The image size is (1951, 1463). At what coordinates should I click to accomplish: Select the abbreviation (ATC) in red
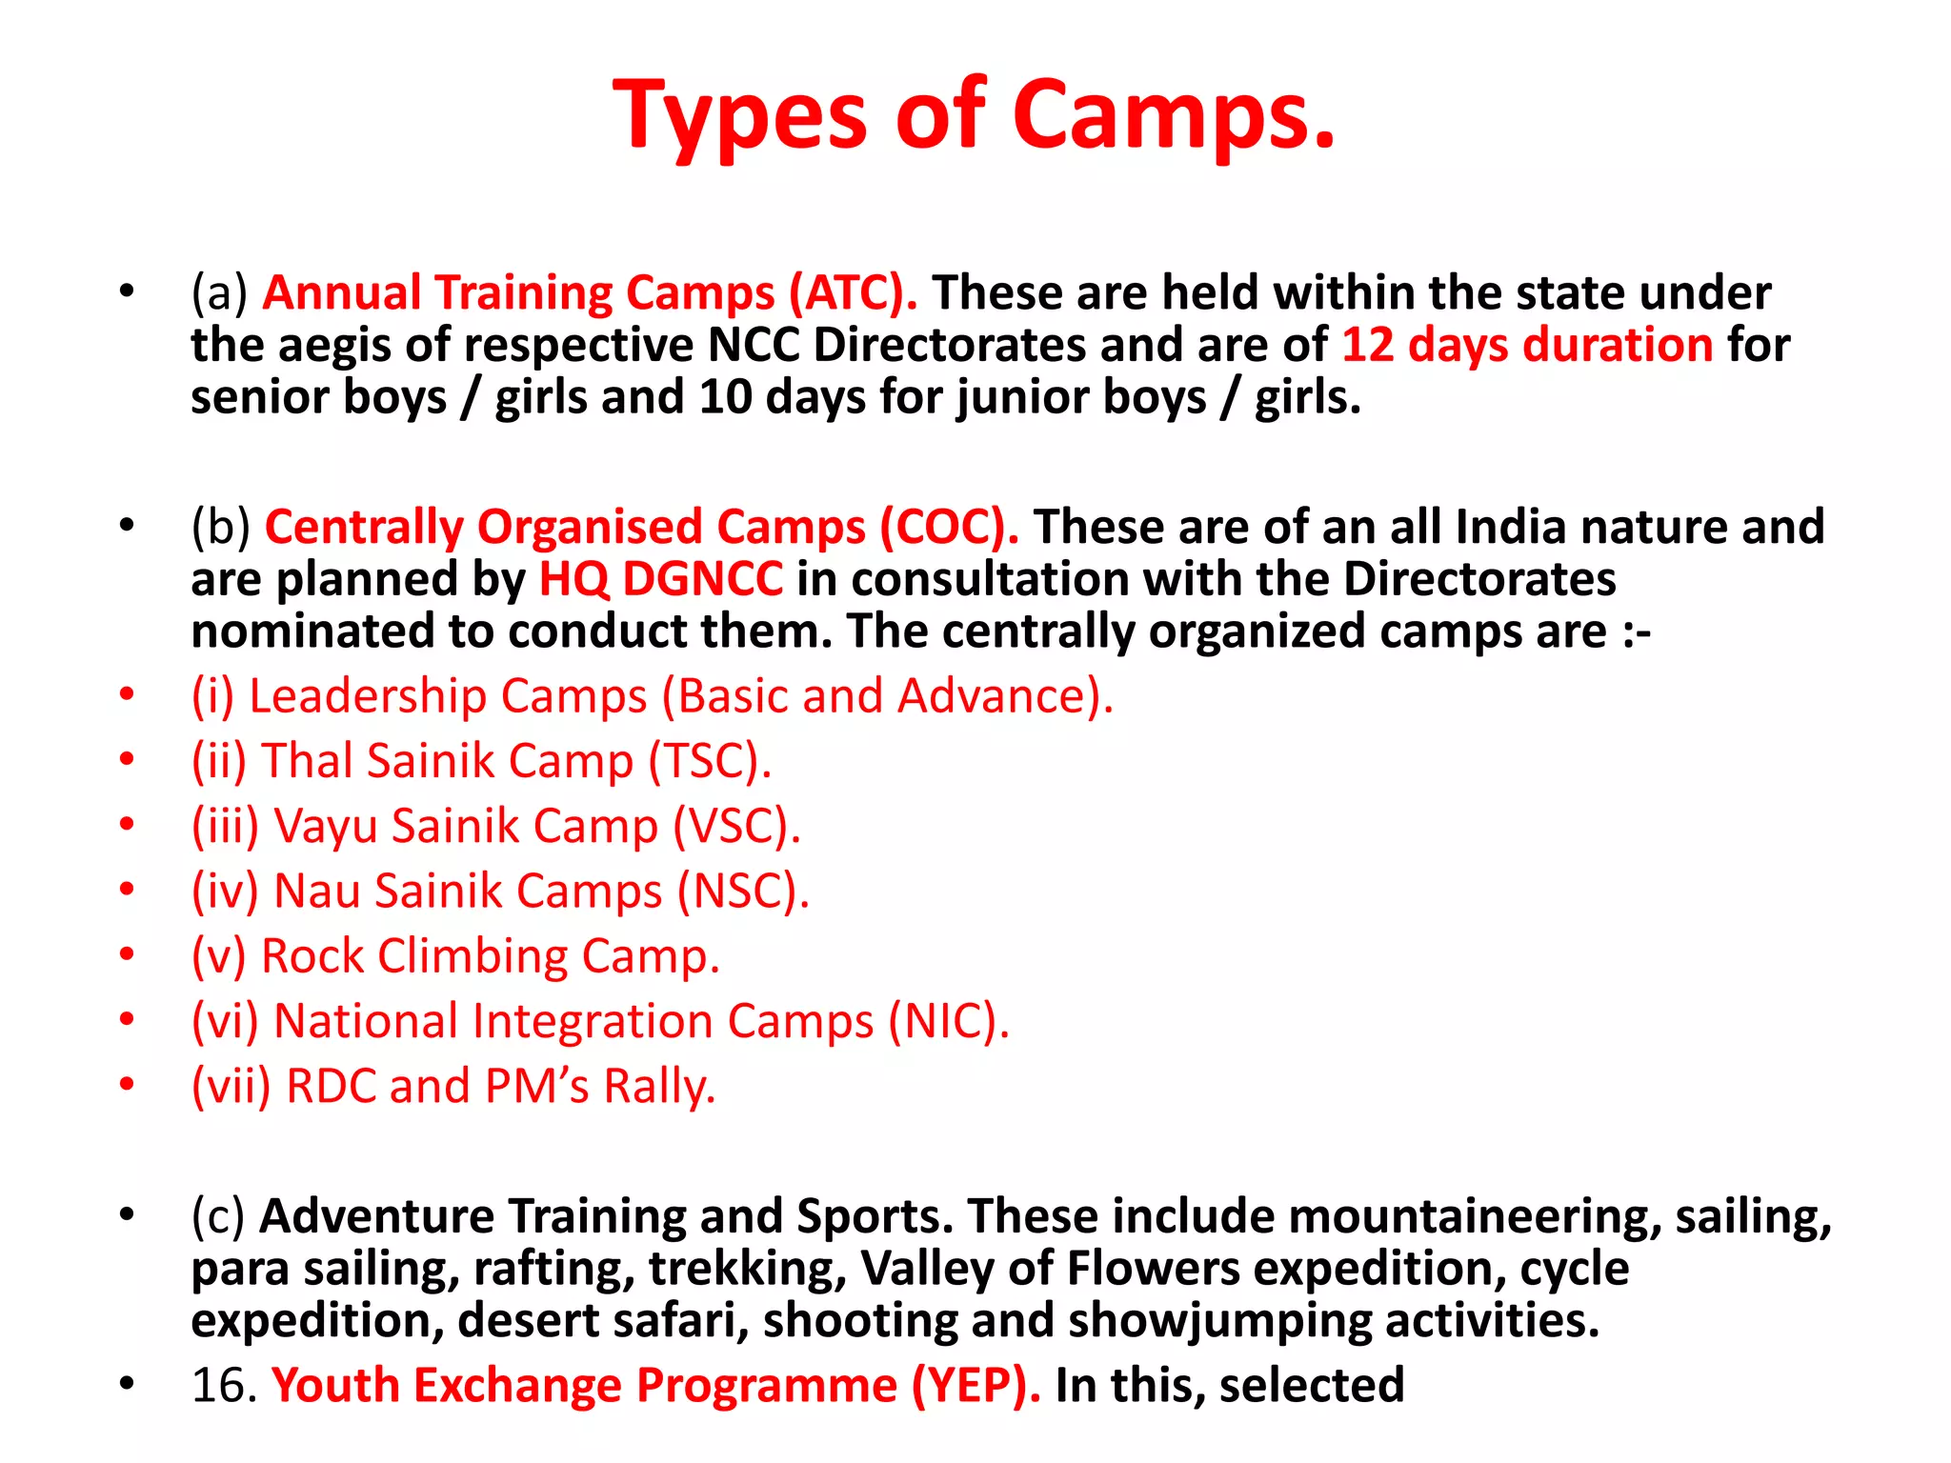tap(853, 292)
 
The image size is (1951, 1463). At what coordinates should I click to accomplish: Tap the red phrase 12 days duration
tap(1527, 345)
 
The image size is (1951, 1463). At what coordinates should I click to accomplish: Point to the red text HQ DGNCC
tap(661, 579)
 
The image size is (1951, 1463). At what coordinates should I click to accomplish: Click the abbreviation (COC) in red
tap(949, 527)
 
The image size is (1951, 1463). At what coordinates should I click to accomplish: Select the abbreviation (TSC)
tap(710, 761)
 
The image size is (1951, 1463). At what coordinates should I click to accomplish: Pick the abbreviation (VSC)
tap(736, 826)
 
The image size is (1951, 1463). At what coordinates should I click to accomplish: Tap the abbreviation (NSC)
tap(743, 892)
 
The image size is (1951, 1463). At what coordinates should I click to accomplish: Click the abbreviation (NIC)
tap(949, 1021)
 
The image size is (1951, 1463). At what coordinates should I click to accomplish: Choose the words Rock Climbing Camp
tap(490, 956)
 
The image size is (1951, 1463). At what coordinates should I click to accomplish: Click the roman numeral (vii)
tap(231, 1086)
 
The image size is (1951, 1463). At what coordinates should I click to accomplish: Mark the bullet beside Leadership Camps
tap(127, 695)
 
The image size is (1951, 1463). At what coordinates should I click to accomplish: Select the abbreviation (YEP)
tap(975, 1385)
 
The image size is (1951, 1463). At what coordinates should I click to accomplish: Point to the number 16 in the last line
tap(217, 1385)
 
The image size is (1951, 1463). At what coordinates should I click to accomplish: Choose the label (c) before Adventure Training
tap(218, 1216)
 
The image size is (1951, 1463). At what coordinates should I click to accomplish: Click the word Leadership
tap(367, 696)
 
